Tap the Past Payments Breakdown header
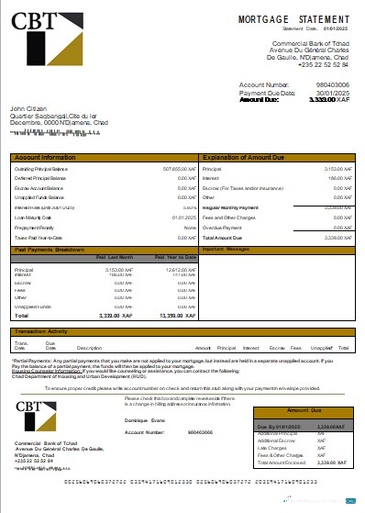(x=50, y=249)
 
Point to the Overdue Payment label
(x=222, y=227)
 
